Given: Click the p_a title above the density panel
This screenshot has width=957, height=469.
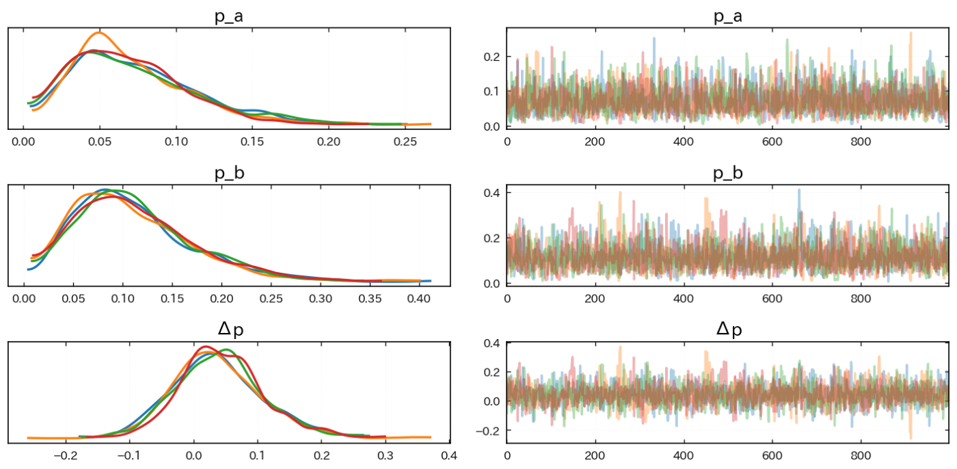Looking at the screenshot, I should [229, 17].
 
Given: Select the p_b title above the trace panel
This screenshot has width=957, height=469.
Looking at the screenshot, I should [728, 173].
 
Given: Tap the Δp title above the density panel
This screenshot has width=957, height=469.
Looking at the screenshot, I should [229, 329].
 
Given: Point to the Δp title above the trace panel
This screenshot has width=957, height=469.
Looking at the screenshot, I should [728, 329].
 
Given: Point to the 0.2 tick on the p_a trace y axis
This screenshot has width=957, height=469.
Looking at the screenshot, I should [491, 56].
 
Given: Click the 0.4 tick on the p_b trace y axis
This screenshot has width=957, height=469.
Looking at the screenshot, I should [491, 193].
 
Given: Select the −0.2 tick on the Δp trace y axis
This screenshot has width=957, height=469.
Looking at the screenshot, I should [488, 431].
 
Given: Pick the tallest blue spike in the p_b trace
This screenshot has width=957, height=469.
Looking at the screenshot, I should [798, 190].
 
